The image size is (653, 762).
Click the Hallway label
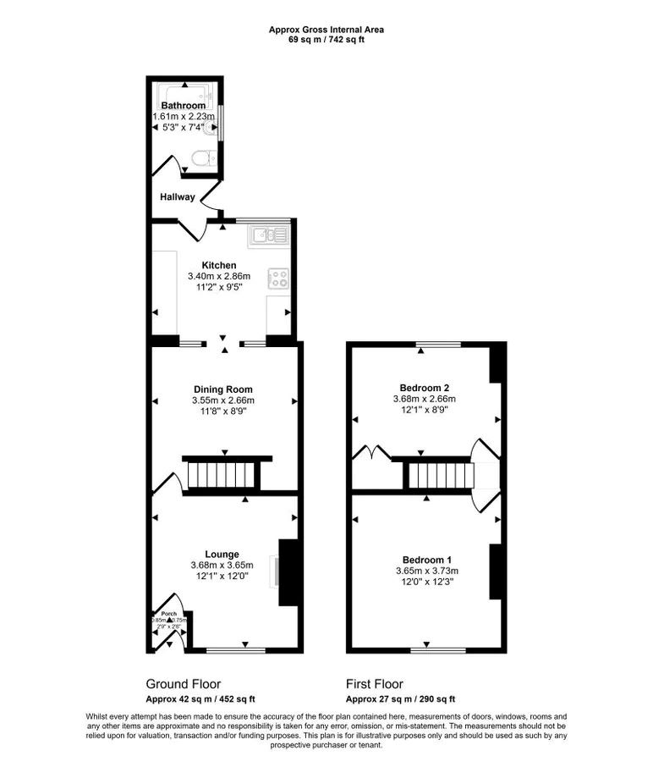tap(177, 197)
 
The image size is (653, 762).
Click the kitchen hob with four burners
tap(278, 277)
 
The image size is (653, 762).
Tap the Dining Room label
tap(224, 389)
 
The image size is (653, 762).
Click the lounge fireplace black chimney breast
tap(289, 572)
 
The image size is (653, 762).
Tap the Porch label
tap(169, 612)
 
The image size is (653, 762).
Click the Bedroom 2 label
tap(424, 388)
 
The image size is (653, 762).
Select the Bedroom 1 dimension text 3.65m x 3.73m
tap(426, 571)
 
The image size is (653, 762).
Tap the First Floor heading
tap(375, 683)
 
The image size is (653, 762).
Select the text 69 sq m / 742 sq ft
tap(326, 40)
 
